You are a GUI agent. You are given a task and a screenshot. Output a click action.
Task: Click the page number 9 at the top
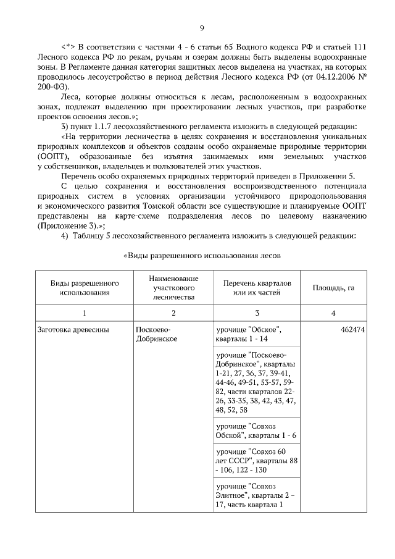point(202,27)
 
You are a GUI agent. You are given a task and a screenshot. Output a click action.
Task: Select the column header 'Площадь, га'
point(333,288)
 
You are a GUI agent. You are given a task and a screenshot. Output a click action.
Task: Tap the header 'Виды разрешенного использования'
point(85,288)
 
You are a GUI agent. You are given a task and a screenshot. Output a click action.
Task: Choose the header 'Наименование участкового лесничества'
point(173,288)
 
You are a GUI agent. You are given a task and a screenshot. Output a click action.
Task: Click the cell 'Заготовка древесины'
point(73,329)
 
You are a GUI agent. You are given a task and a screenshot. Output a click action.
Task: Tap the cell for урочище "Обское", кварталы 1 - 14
point(249,334)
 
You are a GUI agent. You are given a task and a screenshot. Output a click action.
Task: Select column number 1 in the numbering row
point(85,313)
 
